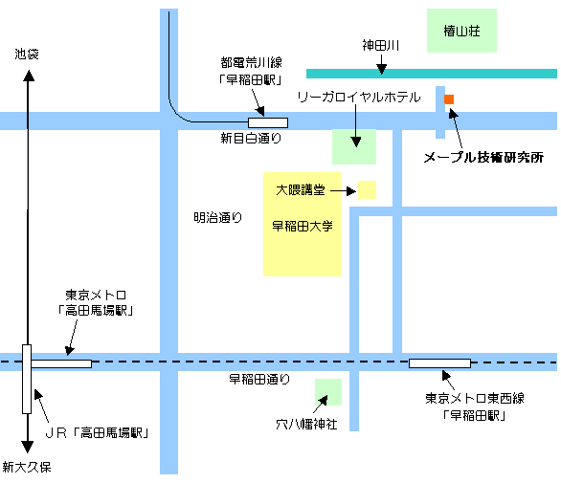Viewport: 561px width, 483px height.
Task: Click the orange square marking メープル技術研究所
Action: click(x=449, y=99)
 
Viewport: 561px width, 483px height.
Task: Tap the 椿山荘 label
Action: click(x=461, y=32)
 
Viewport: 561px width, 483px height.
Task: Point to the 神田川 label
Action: click(x=381, y=46)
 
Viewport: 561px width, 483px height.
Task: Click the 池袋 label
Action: click(x=27, y=55)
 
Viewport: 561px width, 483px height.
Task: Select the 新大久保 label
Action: click(x=27, y=467)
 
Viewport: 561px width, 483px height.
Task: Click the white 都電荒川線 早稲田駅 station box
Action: click(x=268, y=122)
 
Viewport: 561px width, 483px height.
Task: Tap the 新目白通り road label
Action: click(x=251, y=139)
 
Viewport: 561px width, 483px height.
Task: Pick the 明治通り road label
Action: click(x=218, y=217)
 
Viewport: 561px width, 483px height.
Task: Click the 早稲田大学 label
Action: click(x=303, y=226)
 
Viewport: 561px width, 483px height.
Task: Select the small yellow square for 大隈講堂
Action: click(x=367, y=189)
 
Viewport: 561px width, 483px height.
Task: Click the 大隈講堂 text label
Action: click(x=301, y=189)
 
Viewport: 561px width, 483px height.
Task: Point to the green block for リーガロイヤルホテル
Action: click(x=354, y=146)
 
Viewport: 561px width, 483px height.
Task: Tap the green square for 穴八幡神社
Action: click(x=328, y=392)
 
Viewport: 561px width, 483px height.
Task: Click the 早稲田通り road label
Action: click(x=259, y=379)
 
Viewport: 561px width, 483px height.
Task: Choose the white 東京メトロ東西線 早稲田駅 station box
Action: click(x=439, y=363)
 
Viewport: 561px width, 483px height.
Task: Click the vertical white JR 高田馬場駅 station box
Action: click(x=27, y=379)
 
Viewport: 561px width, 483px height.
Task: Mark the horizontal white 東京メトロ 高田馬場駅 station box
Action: click(x=61, y=364)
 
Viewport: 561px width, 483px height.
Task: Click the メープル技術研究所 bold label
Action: click(x=483, y=157)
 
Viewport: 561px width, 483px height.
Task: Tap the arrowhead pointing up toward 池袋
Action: click(x=29, y=76)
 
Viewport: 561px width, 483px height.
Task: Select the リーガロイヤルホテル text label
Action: click(x=359, y=98)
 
